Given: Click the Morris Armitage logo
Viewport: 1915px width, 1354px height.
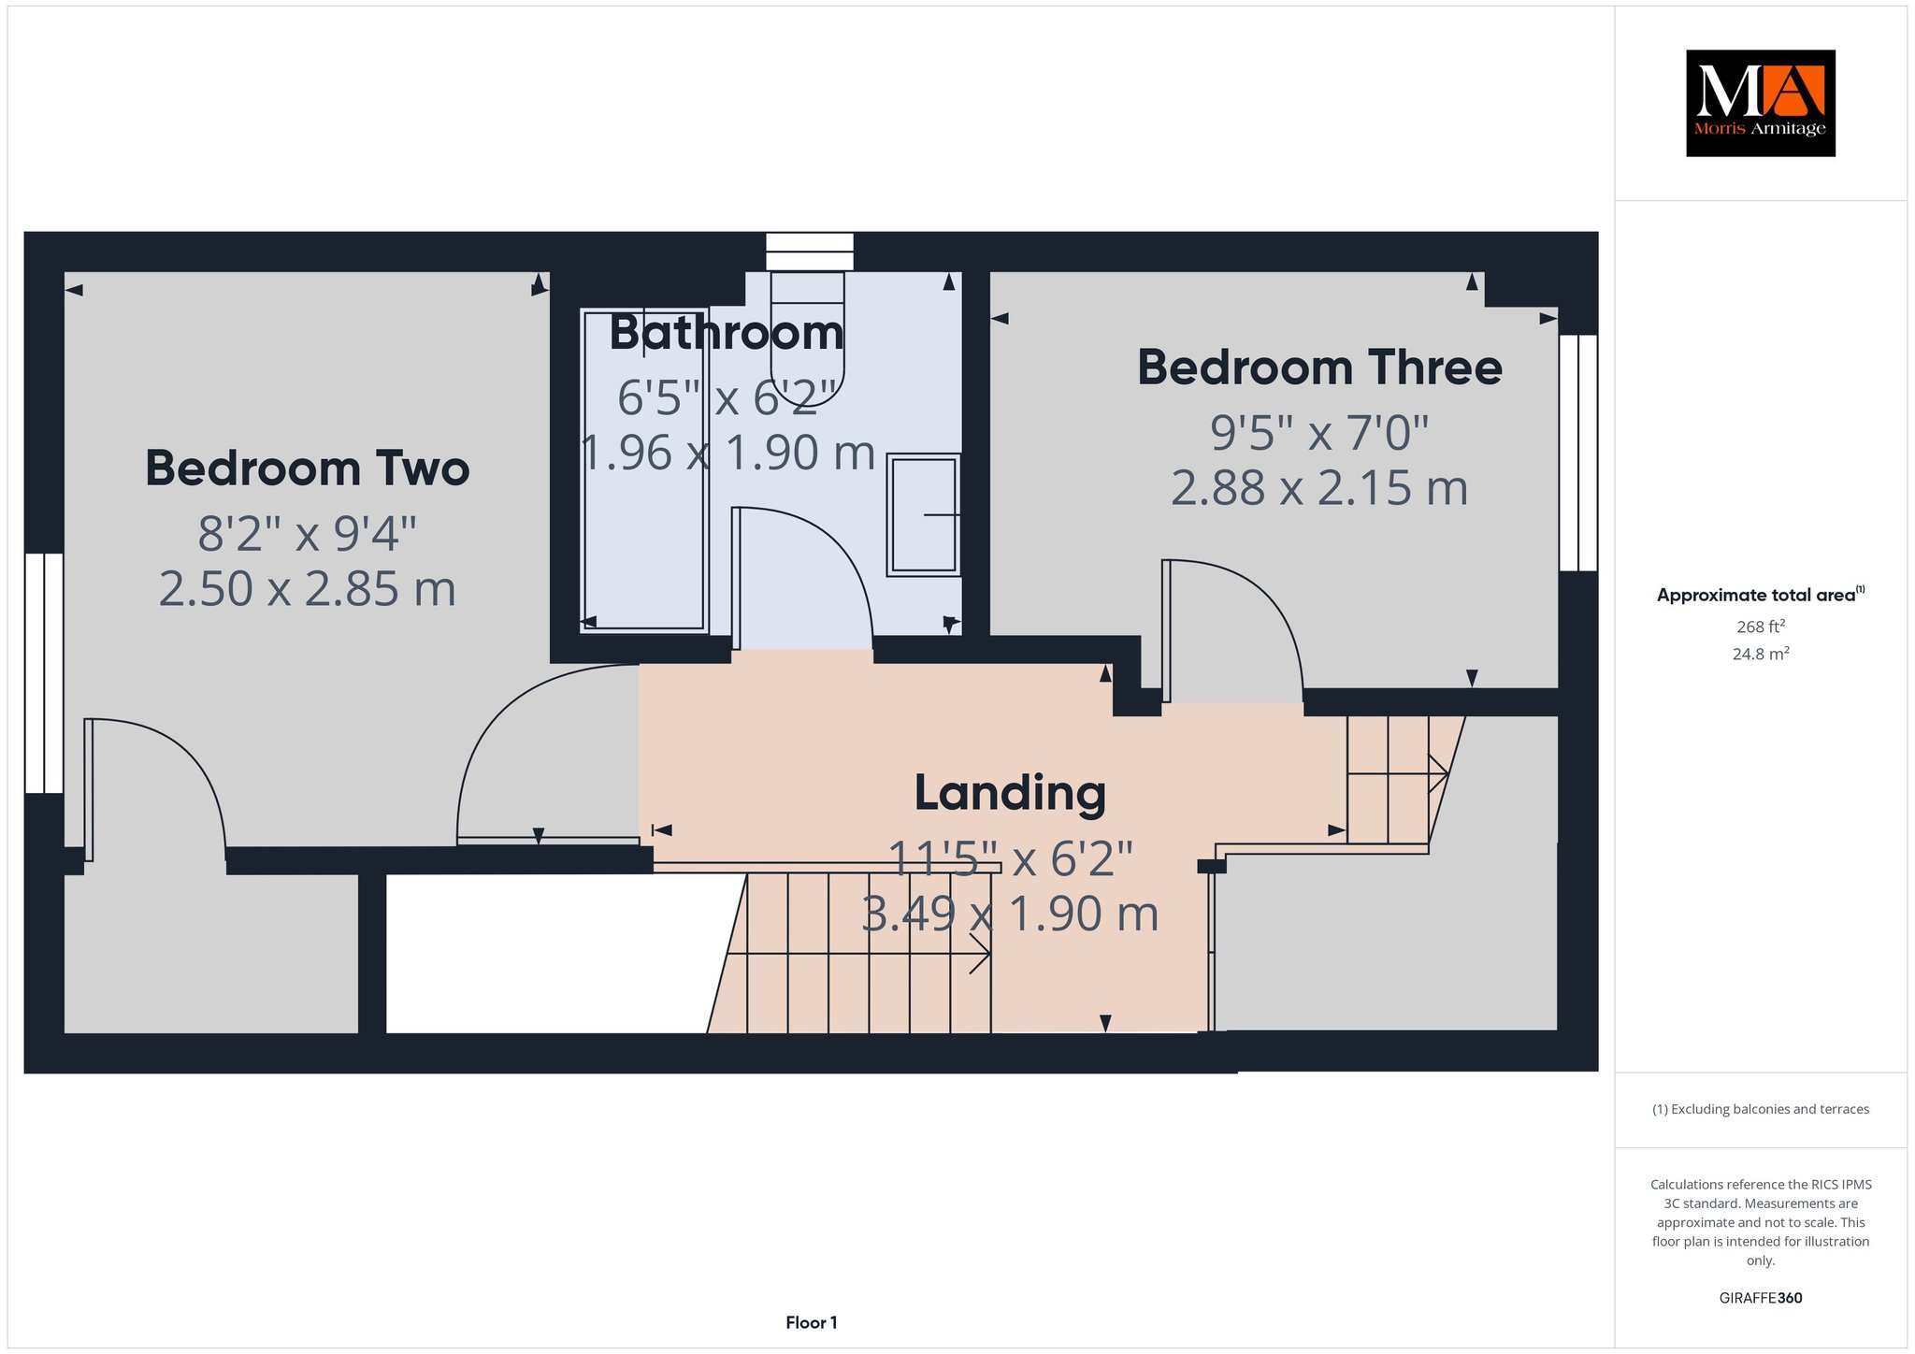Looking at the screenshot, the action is (x=1760, y=103).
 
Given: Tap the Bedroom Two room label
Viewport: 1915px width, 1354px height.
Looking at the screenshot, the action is (x=307, y=468).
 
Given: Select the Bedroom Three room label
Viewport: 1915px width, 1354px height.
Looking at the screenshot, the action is (x=1319, y=367).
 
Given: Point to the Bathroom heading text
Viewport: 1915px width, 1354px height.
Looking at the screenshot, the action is (x=727, y=333).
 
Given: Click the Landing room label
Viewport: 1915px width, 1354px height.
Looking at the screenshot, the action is (x=1010, y=794).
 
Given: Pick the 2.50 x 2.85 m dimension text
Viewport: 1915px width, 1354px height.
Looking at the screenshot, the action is (x=307, y=589).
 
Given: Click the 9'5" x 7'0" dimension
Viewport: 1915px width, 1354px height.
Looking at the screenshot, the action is (x=1319, y=432).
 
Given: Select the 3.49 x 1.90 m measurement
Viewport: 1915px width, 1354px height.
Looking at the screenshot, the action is (x=1010, y=914).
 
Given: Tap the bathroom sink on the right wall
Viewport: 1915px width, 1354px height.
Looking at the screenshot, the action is (x=924, y=514).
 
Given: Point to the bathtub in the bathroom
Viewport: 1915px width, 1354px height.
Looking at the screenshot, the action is (x=643, y=470).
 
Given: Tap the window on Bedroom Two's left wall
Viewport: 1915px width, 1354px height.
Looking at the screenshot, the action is (x=44, y=673).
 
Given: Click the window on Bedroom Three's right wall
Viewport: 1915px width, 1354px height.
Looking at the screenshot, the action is (x=1578, y=453).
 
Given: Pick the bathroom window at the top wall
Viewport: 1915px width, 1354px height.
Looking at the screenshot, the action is (x=810, y=252).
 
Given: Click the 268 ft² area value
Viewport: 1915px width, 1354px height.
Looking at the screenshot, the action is (x=1760, y=627).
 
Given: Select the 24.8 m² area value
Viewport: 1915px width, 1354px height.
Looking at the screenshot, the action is (x=1761, y=654).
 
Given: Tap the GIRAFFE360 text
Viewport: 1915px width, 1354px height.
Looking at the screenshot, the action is (x=1761, y=1298).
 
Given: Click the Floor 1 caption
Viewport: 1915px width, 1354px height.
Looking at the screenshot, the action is (x=812, y=1322).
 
